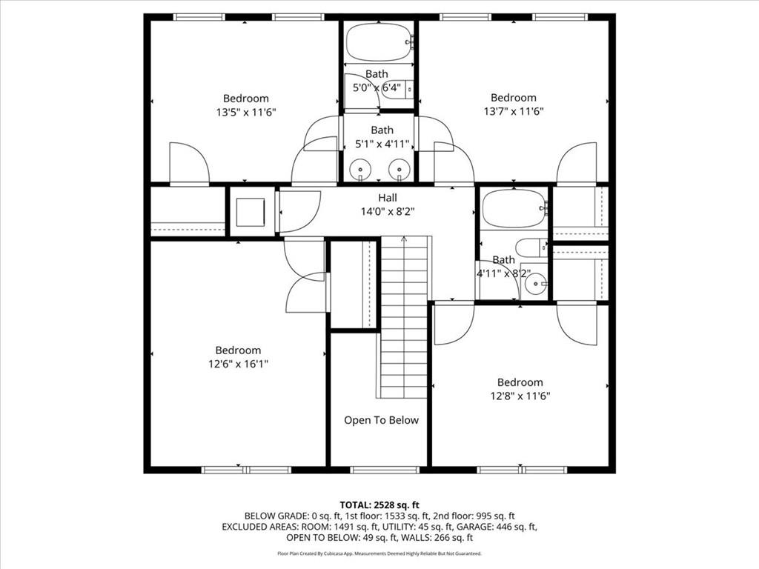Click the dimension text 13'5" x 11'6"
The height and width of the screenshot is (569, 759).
tap(246, 113)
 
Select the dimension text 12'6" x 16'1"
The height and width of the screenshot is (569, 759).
tap(238, 364)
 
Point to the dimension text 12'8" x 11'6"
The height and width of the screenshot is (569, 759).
tap(520, 396)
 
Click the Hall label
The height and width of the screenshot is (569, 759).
tap(387, 198)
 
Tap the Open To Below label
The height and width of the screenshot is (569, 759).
tap(381, 420)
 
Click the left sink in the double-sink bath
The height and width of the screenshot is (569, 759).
tap(359, 169)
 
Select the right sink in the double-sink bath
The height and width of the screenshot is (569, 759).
tap(399, 169)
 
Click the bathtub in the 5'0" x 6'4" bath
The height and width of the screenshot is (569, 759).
tap(378, 42)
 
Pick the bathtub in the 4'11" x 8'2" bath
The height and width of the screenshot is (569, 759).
tap(514, 209)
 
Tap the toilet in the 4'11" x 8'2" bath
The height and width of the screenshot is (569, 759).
tap(531, 248)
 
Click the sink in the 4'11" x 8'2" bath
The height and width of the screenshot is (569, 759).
tap(535, 282)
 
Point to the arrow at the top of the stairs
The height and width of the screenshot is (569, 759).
tap(404, 239)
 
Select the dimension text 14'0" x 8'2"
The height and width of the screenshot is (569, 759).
tap(387, 211)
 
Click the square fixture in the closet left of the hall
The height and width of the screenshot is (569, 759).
tap(250, 212)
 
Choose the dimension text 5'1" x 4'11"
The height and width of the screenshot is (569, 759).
tap(382, 144)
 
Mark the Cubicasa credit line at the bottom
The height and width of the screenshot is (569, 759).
tap(379, 553)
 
